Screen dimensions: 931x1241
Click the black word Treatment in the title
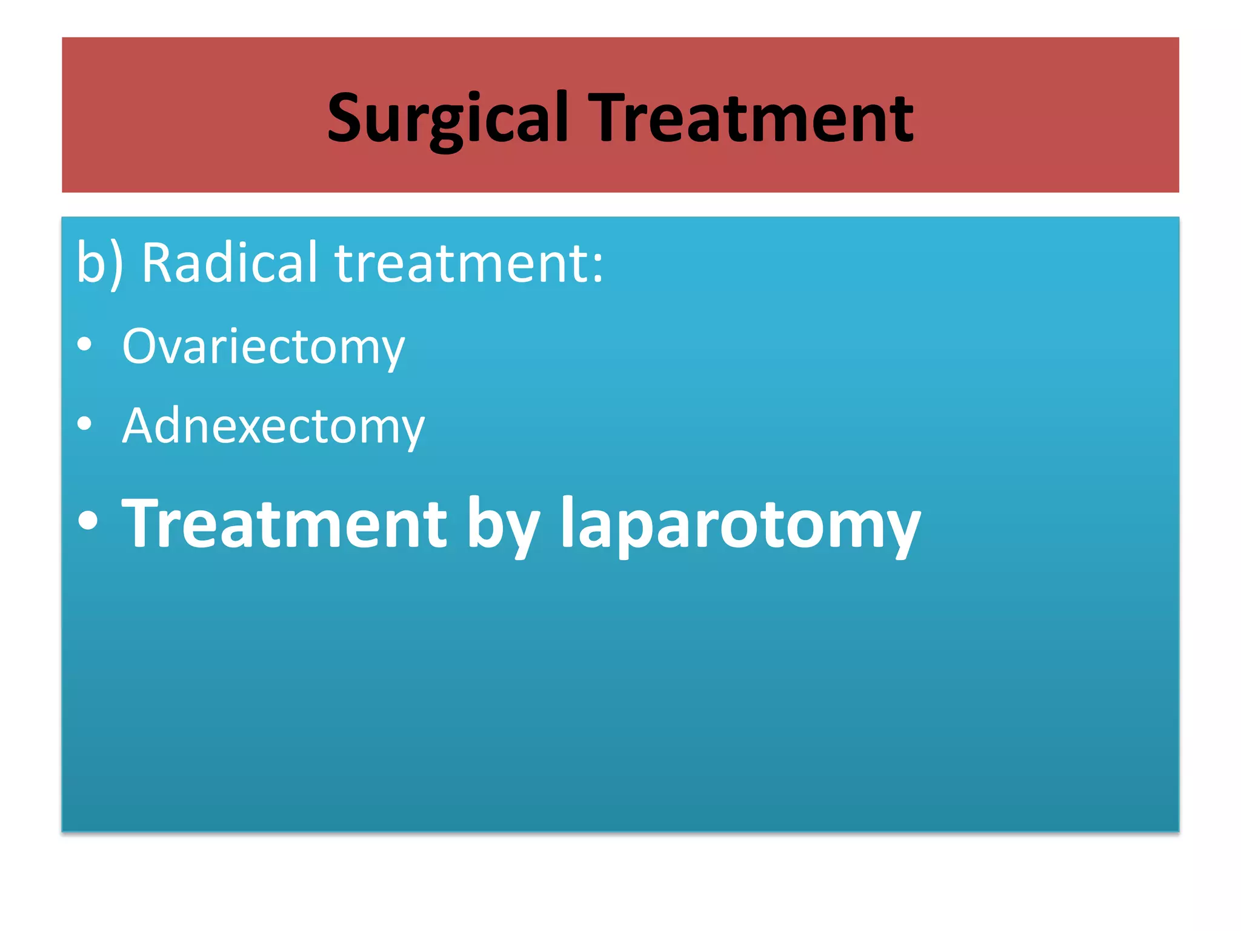(751, 118)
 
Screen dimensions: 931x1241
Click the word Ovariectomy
(263, 347)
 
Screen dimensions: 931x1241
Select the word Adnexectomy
(273, 426)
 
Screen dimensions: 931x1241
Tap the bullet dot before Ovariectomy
(85, 344)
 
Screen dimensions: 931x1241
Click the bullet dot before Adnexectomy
(85, 424)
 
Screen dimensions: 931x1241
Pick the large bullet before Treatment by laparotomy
(88, 521)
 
